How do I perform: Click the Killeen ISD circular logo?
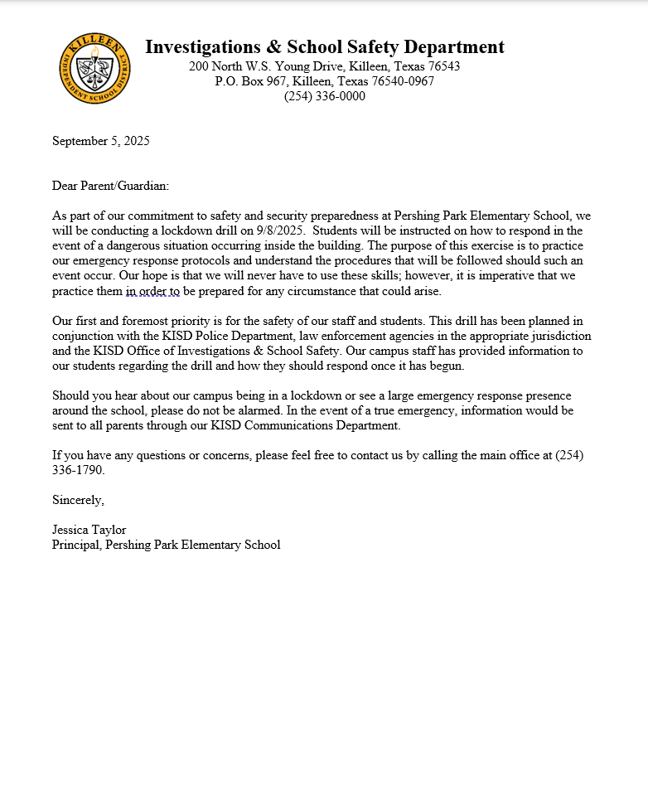coord(94,69)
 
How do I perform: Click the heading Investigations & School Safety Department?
coord(324,47)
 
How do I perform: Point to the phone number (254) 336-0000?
coord(324,96)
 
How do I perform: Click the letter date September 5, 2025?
coord(100,141)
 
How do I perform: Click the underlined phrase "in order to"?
coord(152,291)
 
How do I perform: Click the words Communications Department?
coord(330,426)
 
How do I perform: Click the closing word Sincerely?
coord(78,500)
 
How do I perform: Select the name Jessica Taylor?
coord(89,530)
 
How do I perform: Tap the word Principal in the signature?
coord(75,545)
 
